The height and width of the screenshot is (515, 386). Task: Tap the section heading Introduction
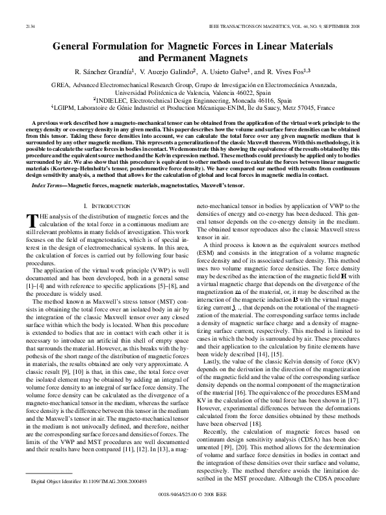click(99, 206)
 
